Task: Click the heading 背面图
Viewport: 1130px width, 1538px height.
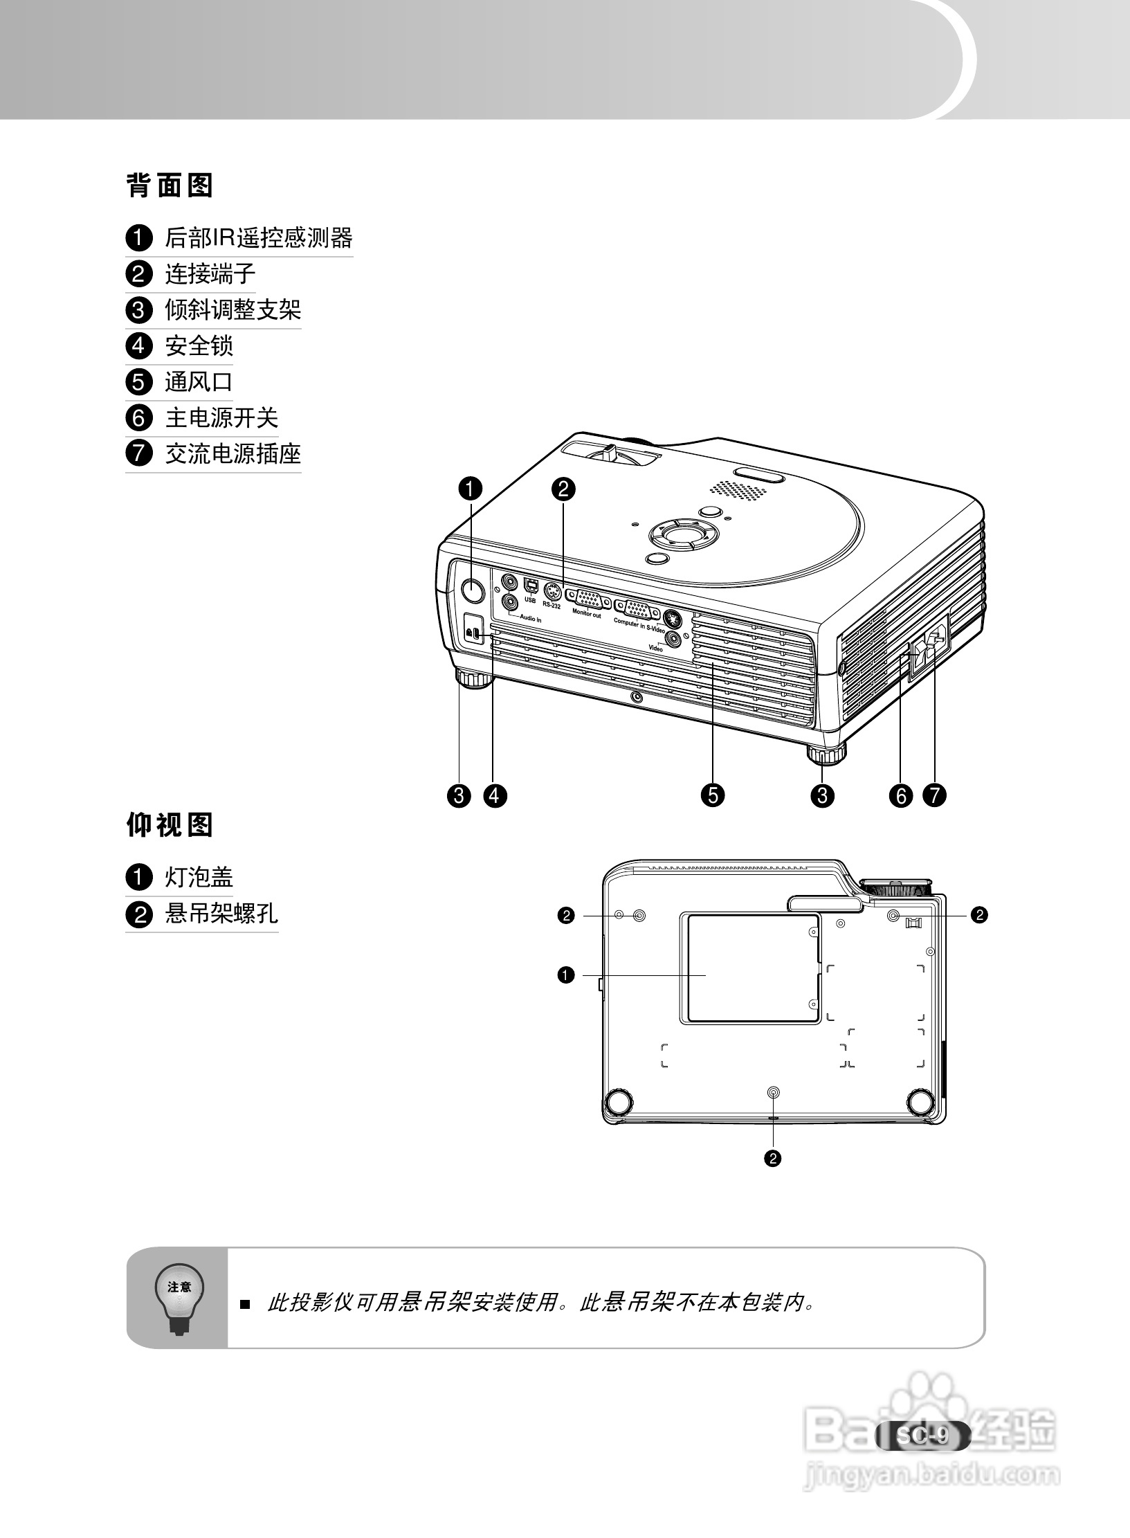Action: tap(170, 186)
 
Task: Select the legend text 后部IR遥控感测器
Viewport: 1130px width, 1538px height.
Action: tap(258, 238)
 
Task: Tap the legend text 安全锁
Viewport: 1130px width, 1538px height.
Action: tap(199, 346)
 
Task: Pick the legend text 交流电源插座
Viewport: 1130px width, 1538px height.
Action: tap(233, 454)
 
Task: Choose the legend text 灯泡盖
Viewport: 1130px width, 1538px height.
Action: tap(199, 878)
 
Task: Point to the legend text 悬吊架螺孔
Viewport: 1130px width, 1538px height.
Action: tap(221, 914)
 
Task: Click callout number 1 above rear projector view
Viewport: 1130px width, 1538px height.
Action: tap(470, 489)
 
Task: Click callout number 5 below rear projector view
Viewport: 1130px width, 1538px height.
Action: tap(712, 795)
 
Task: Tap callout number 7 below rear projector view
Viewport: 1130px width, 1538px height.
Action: tap(934, 795)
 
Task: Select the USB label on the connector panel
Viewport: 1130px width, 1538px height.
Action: tap(530, 601)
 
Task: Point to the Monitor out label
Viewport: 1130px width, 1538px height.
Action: tap(586, 614)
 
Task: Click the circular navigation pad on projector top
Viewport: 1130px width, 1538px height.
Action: tap(683, 533)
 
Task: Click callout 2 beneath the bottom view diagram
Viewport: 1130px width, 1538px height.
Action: tap(772, 1158)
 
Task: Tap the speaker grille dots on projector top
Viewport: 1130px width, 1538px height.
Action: tap(738, 489)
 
